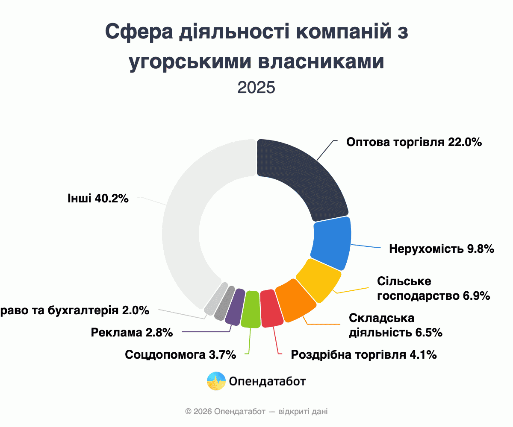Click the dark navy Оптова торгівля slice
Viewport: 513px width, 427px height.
click(x=304, y=175)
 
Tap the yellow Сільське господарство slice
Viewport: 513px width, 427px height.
click(x=318, y=280)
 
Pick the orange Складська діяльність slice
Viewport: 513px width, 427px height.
click(x=296, y=301)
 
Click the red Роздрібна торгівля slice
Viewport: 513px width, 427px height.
click(x=271, y=308)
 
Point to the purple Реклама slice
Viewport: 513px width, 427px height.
click(x=234, y=306)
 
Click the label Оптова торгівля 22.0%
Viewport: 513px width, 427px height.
click(x=414, y=142)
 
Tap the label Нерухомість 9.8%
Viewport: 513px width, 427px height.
click(x=442, y=249)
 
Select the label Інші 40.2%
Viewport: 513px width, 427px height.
click(x=98, y=199)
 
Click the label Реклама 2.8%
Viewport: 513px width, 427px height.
click(x=132, y=332)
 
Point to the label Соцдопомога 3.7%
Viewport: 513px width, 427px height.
click(x=180, y=354)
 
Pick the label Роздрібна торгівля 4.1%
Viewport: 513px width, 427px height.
click(x=363, y=354)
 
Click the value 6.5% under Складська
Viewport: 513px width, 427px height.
click(x=428, y=332)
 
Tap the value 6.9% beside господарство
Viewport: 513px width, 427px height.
click(x=476, y=295)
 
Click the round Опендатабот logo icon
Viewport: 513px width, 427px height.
click(x=216, y=381)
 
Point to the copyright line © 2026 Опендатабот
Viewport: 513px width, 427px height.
click(x=256, y=412)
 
